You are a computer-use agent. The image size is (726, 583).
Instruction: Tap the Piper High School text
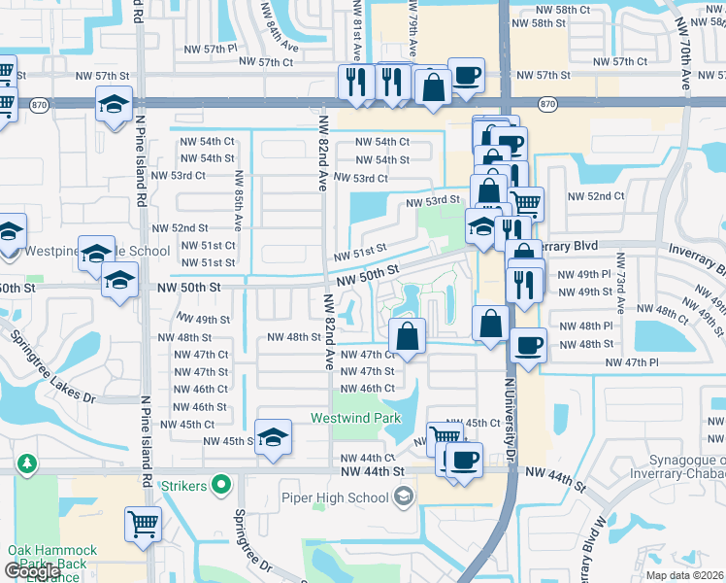[x=341, y=497]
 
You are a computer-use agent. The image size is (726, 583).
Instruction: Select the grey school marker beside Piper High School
[x=404, y=497]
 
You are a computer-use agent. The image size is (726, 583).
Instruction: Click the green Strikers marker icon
[x=222, y=483]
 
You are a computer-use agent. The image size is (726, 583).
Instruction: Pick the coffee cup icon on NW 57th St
[x=466, y=75]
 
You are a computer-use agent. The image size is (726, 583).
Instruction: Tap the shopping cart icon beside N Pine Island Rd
[x=143, y=524]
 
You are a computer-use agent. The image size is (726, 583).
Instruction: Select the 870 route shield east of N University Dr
[x=547, y=103]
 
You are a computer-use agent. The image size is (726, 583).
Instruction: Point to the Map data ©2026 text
[x=684, y=575]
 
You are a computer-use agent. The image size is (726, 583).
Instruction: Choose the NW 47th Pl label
[x=632, y=361]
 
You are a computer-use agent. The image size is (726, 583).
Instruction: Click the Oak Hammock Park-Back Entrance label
[x=47, y=564]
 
